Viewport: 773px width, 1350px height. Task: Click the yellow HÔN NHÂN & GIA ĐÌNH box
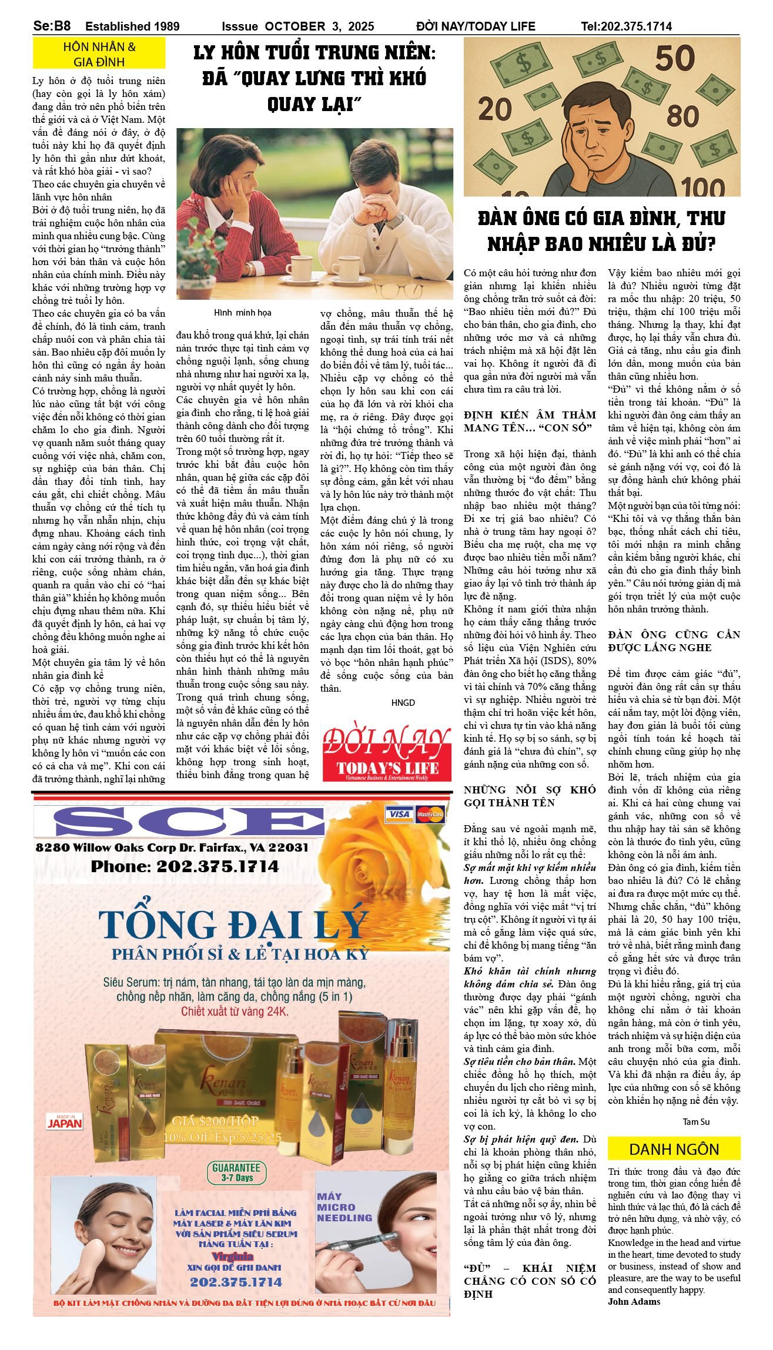(99, 53)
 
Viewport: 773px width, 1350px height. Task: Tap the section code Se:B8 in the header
(52, 26)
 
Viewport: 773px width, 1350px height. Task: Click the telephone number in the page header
(626, 26)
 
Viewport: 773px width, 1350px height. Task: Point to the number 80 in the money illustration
(682, 116)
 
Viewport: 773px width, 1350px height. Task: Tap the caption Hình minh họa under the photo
(242, 313)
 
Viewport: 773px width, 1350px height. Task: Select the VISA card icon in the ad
(399, 814)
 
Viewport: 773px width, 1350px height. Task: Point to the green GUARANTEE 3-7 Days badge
(236, 1172)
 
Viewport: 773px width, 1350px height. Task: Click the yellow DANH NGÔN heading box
(674, 1149)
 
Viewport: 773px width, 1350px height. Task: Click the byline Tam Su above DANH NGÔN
(696, 1121)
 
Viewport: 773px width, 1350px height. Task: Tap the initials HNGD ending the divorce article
(403, 702)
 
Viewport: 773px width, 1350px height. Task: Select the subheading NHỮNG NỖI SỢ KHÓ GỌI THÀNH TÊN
(530, 796)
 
